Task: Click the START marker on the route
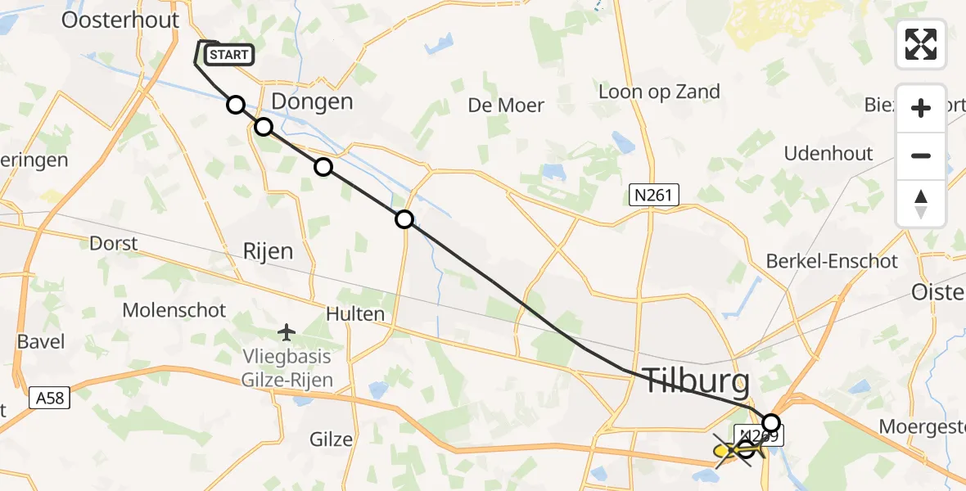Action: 228,55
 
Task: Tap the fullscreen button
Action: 921,44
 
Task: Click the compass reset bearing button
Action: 921,204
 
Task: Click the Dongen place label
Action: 312,102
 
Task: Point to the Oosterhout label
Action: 120,20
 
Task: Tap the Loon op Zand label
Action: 659,92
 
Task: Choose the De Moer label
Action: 506,105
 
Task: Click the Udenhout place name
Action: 828,154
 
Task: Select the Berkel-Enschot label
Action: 832,262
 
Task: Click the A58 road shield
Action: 50,399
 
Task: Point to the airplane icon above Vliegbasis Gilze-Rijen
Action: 286,332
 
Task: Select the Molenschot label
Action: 174,310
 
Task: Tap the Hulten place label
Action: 354,314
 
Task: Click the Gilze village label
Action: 331,439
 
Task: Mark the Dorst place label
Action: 113,244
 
